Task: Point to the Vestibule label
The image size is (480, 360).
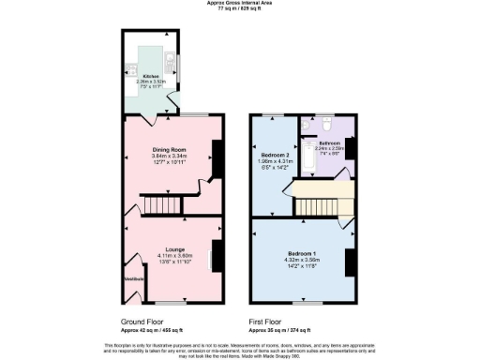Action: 128,278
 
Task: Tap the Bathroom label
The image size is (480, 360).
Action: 329,142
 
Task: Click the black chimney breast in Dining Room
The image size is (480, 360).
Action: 216,155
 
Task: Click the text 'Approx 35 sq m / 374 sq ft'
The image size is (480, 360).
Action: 278,331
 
